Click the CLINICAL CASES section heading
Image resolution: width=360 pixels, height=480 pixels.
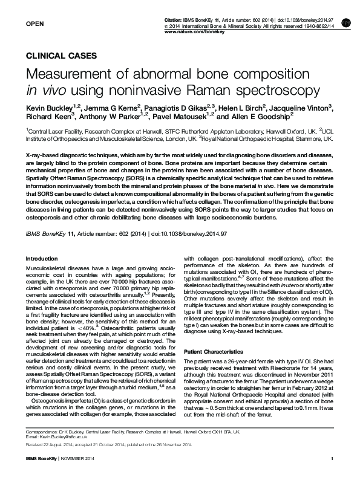61,55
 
